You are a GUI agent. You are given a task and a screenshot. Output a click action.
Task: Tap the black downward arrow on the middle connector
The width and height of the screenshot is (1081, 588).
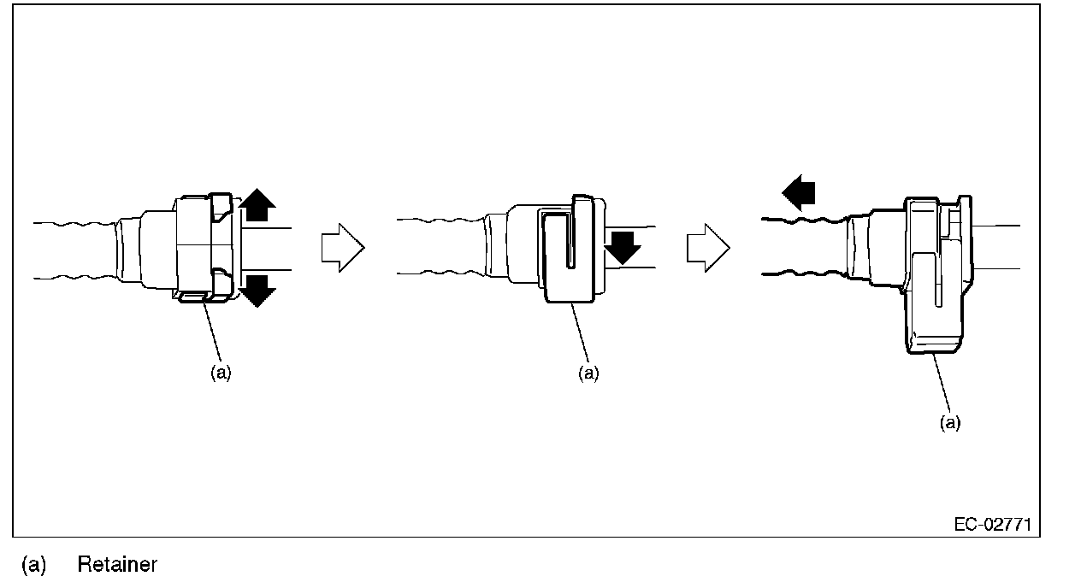[623, 247]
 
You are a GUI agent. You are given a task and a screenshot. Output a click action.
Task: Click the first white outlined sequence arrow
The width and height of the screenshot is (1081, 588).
[342, 248]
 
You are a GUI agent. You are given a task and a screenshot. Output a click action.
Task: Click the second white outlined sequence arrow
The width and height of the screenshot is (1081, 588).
[708, 249]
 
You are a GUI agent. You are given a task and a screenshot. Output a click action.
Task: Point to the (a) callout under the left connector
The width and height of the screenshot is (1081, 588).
[221, 373]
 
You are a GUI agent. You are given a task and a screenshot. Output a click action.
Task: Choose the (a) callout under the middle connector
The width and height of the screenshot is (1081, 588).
[588, 373]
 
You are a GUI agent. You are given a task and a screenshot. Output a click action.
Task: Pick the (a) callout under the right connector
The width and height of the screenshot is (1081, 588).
[950, 423]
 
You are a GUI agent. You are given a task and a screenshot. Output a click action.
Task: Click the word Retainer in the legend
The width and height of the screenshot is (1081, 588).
[117, 565]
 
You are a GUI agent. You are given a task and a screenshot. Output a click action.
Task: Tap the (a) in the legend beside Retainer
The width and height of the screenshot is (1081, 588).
[33, 565]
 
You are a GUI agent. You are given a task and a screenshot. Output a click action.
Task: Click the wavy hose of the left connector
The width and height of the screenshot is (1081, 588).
[77, 250]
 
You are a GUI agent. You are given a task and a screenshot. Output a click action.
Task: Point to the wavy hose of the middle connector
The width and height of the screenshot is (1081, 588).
[440, 247]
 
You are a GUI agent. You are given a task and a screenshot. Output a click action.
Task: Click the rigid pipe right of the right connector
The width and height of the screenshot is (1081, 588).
[996, 247]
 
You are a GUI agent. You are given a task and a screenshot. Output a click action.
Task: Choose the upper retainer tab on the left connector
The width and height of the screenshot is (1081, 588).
[220, 205]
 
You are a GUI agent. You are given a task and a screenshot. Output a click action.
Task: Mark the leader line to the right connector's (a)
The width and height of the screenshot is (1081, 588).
[942, 385]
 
